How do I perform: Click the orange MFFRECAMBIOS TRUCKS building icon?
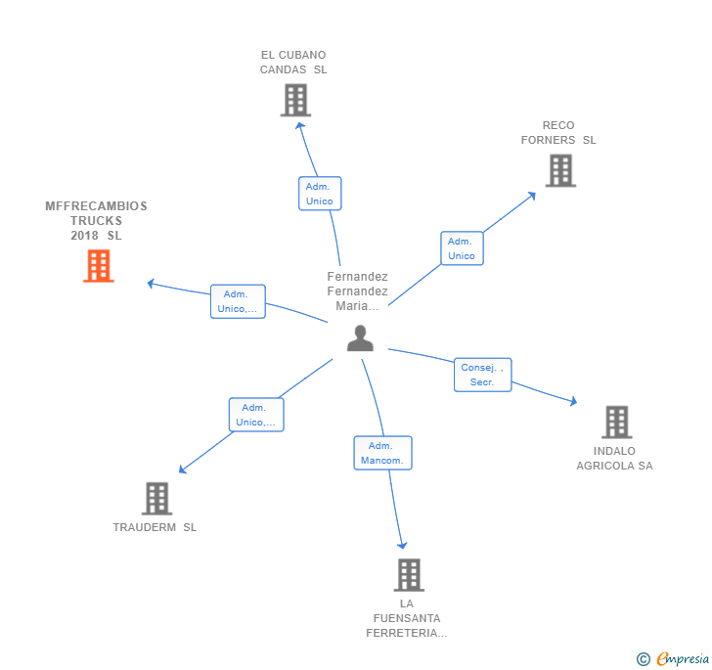[98, 266]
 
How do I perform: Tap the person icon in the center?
[360, 338]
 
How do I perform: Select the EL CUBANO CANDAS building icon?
[294, 100]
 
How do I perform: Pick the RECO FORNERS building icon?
[559, 170]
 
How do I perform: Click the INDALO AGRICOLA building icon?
[615, 422]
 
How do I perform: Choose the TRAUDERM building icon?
[156, 498]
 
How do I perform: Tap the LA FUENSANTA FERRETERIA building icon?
[409, 574]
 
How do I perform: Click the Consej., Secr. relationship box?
[482, 375]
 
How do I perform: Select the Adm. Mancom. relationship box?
[382, 453]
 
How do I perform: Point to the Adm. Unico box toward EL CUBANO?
[319, 194]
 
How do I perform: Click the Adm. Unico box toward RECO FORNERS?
[462, 248]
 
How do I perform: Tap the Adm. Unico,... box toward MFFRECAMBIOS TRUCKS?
[238, 301]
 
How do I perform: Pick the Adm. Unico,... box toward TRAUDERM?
[255, 415]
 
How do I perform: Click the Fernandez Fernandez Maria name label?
[357, 290]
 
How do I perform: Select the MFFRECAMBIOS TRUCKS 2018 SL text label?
[96, 221]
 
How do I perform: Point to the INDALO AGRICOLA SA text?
[614, 459]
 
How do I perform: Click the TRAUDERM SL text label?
[155, 527]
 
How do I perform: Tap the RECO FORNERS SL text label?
[558, 132]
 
